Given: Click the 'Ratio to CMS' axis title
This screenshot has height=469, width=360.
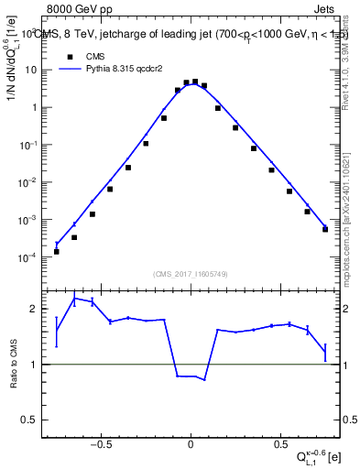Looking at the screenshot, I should point(16,365).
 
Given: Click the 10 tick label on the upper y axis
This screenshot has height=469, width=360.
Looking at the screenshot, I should point(32,70).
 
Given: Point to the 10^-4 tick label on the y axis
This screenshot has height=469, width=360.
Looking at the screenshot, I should point(30,257).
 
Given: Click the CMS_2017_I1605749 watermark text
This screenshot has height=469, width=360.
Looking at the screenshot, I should point(191,273).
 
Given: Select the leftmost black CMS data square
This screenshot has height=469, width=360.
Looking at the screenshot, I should point(57,251).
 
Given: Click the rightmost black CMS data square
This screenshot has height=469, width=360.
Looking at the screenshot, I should point(325,229).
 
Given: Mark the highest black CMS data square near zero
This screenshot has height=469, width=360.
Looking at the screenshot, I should point(195,82).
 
